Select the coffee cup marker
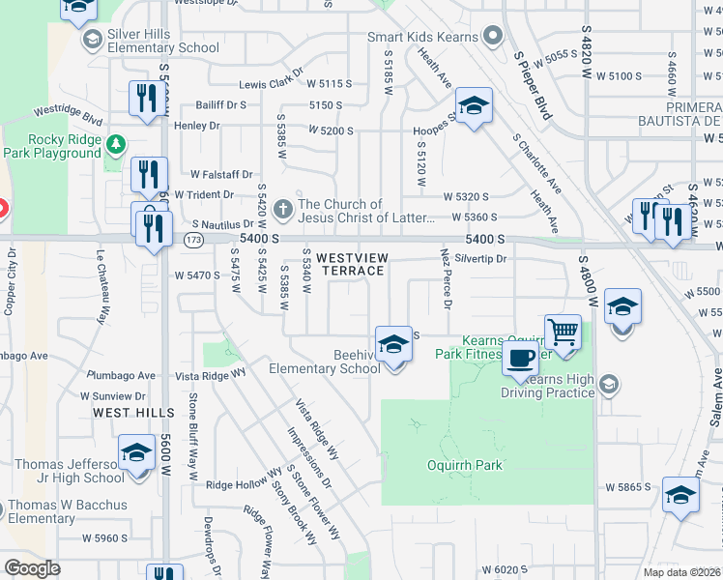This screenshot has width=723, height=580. pos(520,359)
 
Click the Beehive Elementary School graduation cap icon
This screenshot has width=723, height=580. pos(392,345)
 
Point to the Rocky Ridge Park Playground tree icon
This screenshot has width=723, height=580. pos(116,144)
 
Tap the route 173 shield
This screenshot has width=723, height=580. pos(195,238)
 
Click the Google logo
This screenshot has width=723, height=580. pos(32,568)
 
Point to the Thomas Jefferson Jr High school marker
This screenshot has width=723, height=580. pos(136,453)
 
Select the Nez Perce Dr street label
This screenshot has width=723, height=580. pos(446,279)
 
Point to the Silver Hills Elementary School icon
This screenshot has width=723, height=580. pos(93,40)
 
